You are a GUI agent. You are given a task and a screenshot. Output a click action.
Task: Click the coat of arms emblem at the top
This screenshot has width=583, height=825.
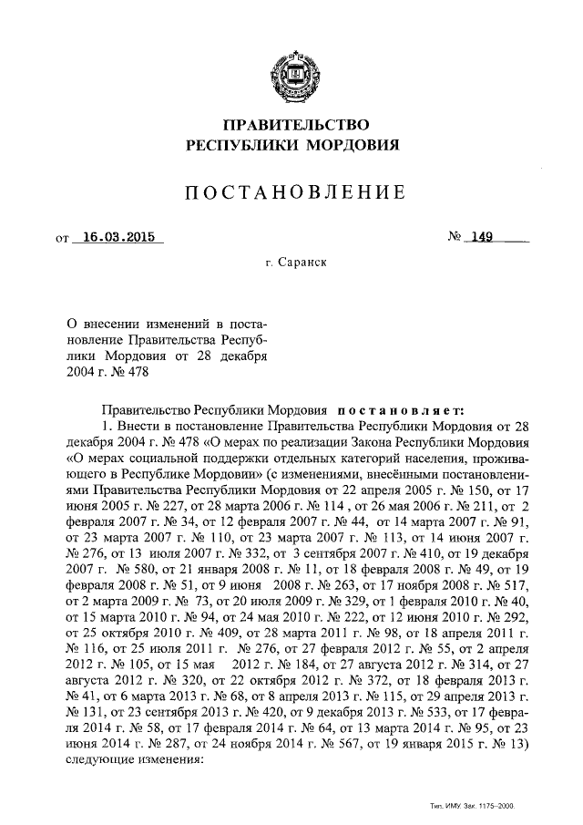click(291, 74)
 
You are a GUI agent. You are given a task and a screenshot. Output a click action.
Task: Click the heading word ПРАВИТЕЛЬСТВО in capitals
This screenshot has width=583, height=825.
click(291, 125)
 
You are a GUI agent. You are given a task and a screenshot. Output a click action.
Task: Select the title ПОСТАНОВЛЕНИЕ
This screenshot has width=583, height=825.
click(291, 192)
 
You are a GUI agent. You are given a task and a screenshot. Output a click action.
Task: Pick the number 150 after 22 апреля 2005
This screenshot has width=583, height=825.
click(485, 492)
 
